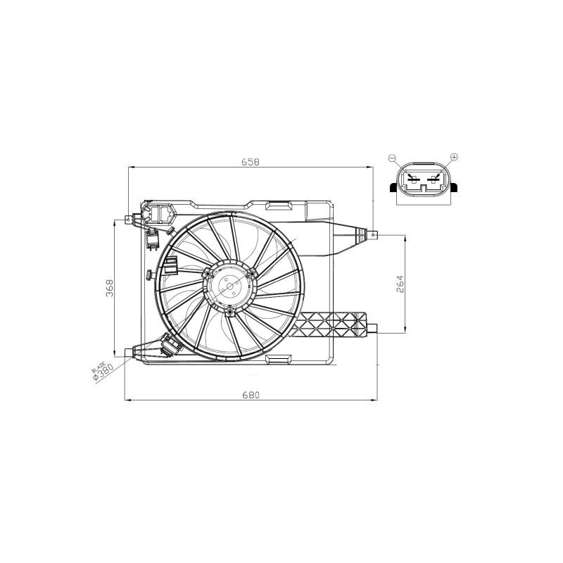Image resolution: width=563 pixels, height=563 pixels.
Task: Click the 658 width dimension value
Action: [251, 162]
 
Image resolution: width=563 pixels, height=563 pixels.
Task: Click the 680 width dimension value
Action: [251, 396]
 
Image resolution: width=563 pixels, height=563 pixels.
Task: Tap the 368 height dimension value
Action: [109, 288]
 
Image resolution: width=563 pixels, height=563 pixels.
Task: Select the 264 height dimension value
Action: [400, 284]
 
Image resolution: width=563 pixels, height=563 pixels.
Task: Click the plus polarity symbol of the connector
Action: [454, 157]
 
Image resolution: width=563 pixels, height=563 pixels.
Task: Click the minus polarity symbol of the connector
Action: [392, 158]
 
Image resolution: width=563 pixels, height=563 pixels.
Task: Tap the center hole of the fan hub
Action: [229, 286]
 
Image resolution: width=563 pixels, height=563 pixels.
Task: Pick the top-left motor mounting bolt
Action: [207, 274]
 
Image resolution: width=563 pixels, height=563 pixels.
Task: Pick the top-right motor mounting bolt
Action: [252, 274]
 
